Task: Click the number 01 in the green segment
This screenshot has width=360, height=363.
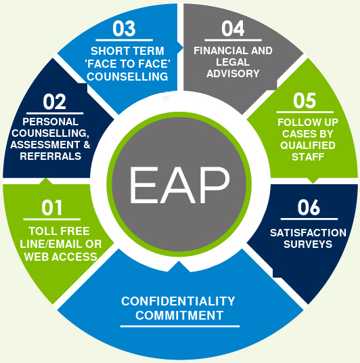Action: [x=52, y=208]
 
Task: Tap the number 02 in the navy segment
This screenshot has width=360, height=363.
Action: [x=54, y=102]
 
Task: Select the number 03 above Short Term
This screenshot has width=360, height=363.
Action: [x=124, y=28]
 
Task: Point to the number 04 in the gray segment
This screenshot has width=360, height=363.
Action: [x=233, y=28]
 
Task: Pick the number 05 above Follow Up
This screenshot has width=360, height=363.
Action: [x=305, y=101]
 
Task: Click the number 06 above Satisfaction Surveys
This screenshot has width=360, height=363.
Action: [x=309, y=207]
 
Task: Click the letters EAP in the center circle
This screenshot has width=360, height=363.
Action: [x=180, y=185]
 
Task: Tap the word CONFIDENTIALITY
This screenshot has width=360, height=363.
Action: [x=178, y=301]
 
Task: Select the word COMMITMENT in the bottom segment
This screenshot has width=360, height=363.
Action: [x=179, y=316]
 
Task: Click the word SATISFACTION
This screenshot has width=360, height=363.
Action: [x=308, y=233]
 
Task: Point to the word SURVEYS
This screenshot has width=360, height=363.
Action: [x=308, y=244]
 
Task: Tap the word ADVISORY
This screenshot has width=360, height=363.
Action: [x=233, y=74]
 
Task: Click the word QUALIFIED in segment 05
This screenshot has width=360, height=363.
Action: [x=308, y=146]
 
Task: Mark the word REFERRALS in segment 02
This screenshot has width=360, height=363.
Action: [x=51, y=156]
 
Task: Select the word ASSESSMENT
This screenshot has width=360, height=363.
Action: [x=45, y=145]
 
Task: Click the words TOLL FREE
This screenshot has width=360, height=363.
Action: [x=59, y=231]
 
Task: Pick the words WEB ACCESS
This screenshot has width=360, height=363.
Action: [x=61, y=257]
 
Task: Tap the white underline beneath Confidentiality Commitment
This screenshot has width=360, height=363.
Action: [x=180, y=326]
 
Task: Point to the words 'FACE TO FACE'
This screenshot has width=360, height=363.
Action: [x=127, y=64]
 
